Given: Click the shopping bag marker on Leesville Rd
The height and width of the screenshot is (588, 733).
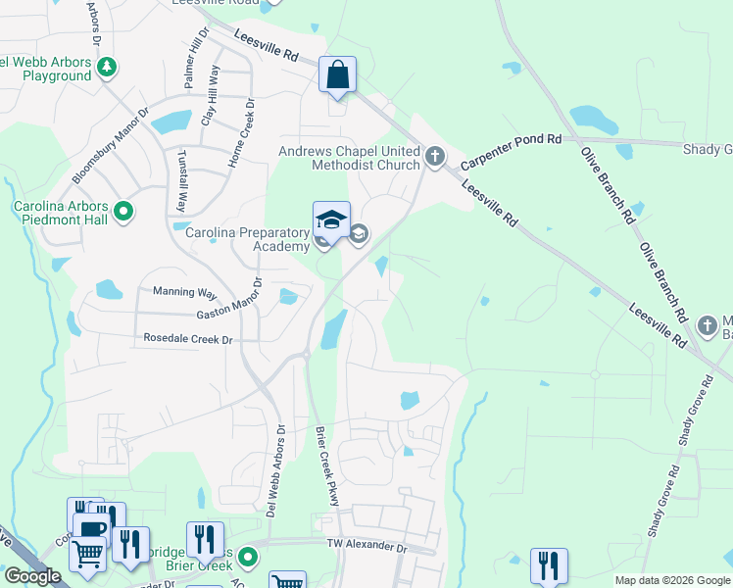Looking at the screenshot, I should tap(337, 74).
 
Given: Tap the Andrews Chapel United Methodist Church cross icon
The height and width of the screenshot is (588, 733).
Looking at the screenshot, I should tap(436, 155).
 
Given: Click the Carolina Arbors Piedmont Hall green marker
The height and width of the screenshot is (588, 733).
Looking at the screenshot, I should tap(122, 211).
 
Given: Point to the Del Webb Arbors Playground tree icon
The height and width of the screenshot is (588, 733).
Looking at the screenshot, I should tap(107, 68).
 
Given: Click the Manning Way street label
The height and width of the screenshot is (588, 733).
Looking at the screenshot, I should tap(184, 292).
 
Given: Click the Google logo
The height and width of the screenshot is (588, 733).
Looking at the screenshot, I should tap(31, 576).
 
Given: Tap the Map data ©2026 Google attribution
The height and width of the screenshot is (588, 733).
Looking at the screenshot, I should tap(672, 580).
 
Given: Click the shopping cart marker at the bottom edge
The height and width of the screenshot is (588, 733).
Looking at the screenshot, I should tap(286, 581).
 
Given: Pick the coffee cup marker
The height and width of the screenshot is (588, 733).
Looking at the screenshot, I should tap(91, 530).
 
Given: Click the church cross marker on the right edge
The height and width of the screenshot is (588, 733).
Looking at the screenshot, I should tap(710, 324).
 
